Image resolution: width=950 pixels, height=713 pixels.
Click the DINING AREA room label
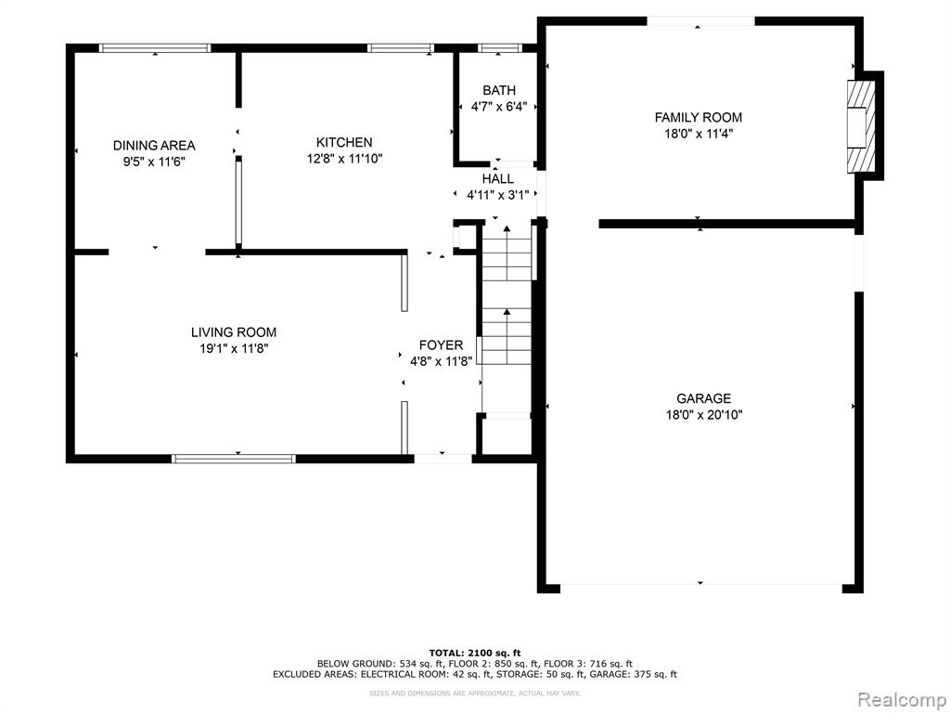tap(154, 146)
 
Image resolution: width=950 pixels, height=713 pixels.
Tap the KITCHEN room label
tap(344, 142)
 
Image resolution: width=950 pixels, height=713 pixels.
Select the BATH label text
tap(499, 90)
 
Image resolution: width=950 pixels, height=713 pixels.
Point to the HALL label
tap(498, 179)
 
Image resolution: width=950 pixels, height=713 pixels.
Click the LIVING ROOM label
tap(234, 332)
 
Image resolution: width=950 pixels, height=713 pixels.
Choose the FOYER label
tap(441, 345)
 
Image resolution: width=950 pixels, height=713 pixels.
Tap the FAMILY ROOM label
tap(699, 118)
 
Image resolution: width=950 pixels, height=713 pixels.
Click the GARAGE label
tap(704, 398)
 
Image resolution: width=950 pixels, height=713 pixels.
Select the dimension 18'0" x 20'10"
tap(704, 415)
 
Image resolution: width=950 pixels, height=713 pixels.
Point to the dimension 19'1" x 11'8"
tap(234, 349)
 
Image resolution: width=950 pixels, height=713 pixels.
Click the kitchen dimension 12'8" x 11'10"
tap(345, 159)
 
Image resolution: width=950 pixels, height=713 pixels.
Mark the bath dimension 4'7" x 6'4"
tap(499, 107)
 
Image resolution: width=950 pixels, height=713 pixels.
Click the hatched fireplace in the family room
tap(861, 126)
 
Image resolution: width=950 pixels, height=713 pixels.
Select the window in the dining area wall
tap(155, 48)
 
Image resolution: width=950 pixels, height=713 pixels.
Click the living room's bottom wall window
tap(234, 459)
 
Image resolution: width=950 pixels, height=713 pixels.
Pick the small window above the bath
tap(499, 48)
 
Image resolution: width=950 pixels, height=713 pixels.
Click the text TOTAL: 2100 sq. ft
tap(475, 653)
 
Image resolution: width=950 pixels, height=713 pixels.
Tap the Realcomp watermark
tap(902, 700)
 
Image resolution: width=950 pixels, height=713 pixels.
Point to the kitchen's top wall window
tap(401, 48)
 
